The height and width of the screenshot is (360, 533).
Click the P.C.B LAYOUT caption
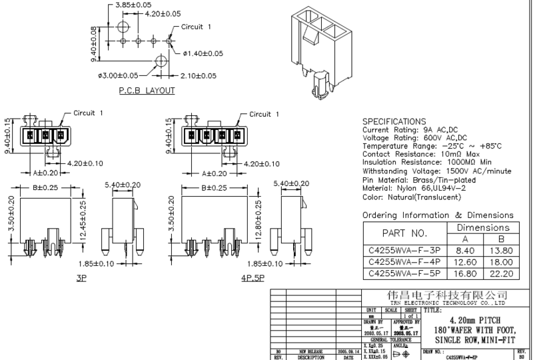pyautogui.click(x=147, y=90)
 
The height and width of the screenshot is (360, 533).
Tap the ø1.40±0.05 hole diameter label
pyautogui.click(x=203, y=53)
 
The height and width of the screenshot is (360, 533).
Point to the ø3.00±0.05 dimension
pyautogui.click(x=118, y=75)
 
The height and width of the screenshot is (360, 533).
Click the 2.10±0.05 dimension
pyautogui.click(x=198, y=75)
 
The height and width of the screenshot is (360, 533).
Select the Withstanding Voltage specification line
pyautogui.click(x=436, y=171)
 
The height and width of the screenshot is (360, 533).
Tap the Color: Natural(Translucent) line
pyautogui.click(x=411, y=197)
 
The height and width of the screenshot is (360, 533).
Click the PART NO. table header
pyautogui.click(x=403, y=234)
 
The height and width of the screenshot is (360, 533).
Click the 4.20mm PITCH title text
pyautogui.click(x=474, y=320)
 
